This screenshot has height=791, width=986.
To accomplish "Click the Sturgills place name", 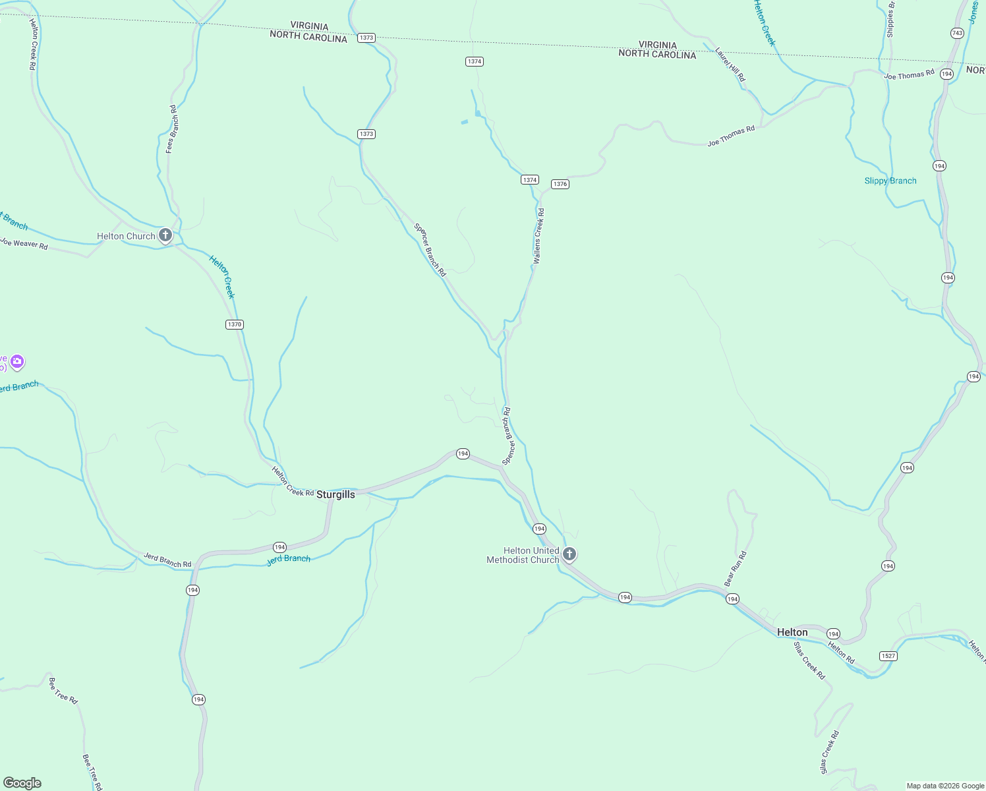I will (335, 494).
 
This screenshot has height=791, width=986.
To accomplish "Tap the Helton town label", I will (792, 632).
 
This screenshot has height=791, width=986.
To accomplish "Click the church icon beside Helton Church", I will (165, 235).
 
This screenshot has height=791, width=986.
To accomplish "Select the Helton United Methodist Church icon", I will (569, 554).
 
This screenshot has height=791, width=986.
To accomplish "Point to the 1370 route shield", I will (235, 324).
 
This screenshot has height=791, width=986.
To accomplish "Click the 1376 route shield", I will (560, 184).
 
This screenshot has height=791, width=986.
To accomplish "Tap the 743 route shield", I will (957, 33).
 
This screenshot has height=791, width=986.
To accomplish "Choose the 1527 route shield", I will (888, 656).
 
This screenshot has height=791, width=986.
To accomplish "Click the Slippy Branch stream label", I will (890, 181).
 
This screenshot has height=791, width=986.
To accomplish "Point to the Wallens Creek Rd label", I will (539, 236).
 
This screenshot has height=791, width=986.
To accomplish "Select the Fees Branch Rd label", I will (171, 129).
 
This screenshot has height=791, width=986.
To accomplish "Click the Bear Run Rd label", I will (736, 569).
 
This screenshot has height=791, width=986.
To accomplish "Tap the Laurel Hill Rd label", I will (731, 65).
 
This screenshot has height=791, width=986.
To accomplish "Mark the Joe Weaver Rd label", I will (24, 243).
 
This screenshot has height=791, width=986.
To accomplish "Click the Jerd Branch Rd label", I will (167, 560).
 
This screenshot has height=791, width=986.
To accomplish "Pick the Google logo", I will (22, 783).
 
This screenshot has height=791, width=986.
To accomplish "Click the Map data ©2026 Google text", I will (945, 786).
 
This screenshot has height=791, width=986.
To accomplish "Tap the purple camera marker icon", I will (17, 361).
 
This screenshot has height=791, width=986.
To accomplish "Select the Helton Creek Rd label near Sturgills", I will (293, 481).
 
